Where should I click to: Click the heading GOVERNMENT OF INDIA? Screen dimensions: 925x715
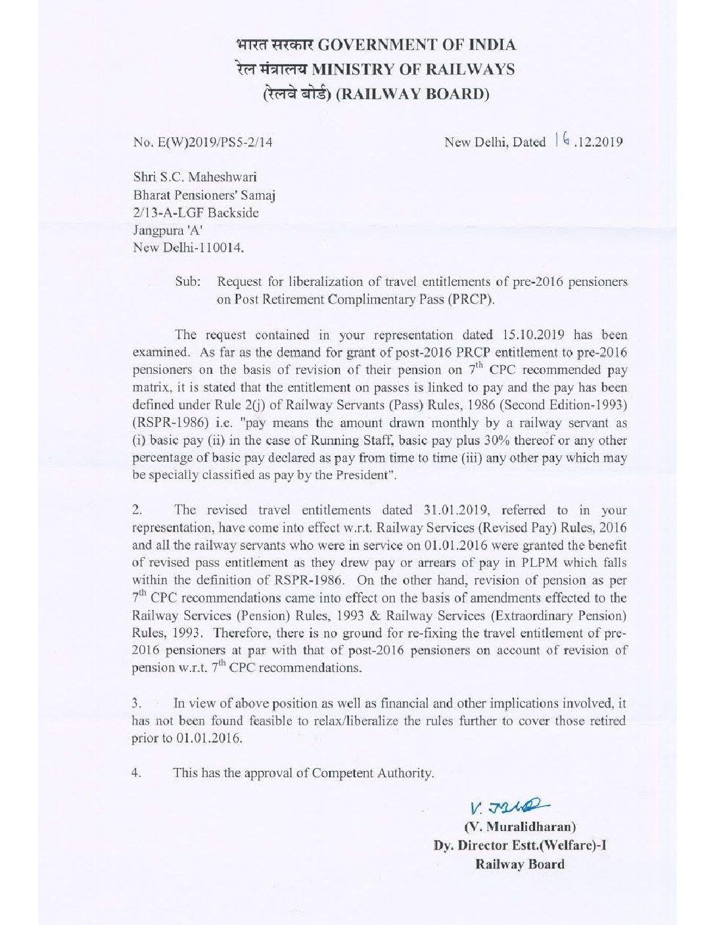417,45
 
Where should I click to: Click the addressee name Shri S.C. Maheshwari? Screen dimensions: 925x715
195,177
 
